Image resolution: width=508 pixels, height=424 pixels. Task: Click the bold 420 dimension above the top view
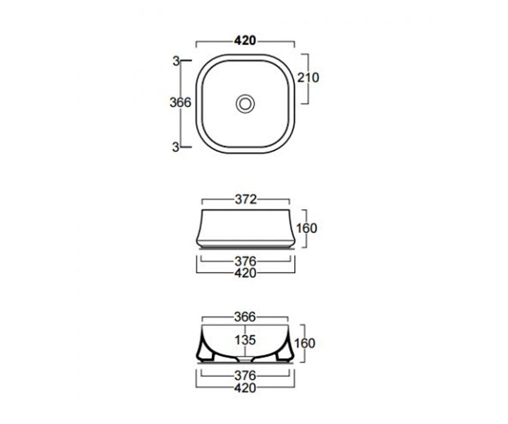pyautogui.click(x=245, y=41)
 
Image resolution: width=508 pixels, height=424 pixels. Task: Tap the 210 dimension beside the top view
pyautogui.click(x=308, y=78)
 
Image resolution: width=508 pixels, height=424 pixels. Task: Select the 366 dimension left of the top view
pyautogui.click(x=180, y=103)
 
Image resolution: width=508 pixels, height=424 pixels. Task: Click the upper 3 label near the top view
pyautogui.click(x=176, y=61)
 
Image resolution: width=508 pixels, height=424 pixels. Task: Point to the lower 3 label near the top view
pyautogui.click(x=176, y=147)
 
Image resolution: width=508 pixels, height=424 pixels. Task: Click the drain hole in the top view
pyautogui.click(x=245, y=104)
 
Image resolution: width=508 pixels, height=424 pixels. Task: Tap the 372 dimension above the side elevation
pyautogui.click(x=246, y=200)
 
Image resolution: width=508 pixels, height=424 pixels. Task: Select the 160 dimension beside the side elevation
pyautogui.click(x=306, y=229)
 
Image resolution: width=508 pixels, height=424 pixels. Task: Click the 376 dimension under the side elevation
pyautogui.click(x=246, y=262)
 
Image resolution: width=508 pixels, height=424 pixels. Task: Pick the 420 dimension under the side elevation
pyautogui.click(x=246, y=273)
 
